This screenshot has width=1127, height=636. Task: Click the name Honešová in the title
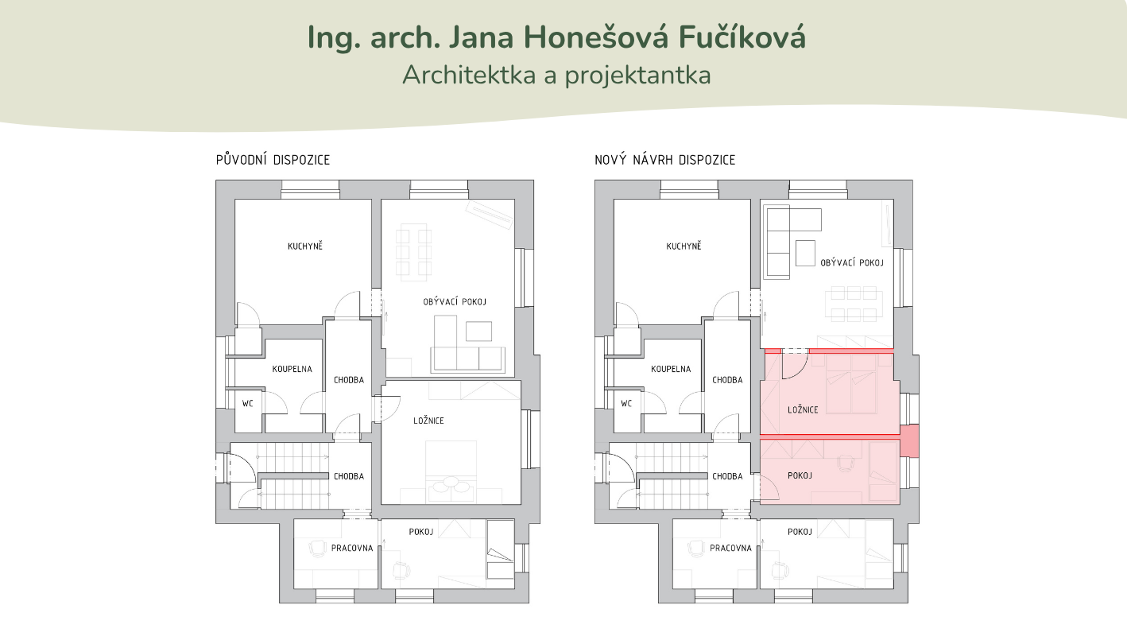point(596,37)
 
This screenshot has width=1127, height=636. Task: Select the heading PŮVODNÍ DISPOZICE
point(273,160)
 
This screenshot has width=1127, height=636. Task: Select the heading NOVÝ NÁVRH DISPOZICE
point(664,160)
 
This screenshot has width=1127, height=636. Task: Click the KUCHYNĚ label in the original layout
point(305,246)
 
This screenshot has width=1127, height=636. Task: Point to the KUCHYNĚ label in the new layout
point(684,246)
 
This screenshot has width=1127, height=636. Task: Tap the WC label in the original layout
point(247,404)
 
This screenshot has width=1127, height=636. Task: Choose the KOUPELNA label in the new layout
point(671,369)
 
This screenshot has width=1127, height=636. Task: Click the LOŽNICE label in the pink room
point(803,410)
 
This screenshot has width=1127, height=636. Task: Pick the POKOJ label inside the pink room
point(800,475)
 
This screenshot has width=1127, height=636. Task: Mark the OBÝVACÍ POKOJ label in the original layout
point(455,302)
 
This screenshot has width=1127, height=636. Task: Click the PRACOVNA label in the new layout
point(730,548)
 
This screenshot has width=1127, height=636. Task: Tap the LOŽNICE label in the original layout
point(428,421)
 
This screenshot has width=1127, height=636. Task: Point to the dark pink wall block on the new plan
point(909,440)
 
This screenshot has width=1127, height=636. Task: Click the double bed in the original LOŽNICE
point(451,472)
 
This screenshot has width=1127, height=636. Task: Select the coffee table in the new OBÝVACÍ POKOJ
point(805,253)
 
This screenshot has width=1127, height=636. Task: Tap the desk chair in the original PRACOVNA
point(316,549)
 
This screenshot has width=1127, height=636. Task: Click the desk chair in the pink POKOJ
point(846,462)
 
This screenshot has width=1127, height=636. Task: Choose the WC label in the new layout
point(625,404)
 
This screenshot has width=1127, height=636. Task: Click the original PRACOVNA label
point(352,548)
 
